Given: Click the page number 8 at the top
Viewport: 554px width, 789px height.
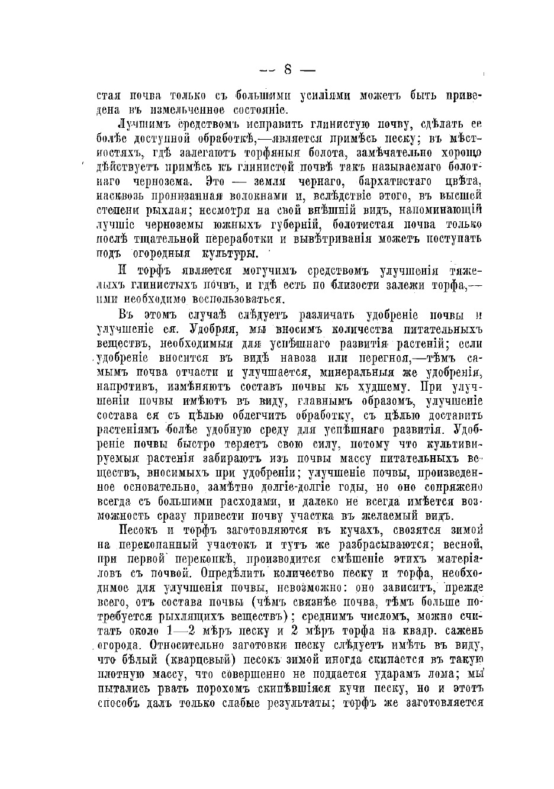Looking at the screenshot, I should point(288,69).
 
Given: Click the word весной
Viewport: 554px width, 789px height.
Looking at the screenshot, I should point(464,543).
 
